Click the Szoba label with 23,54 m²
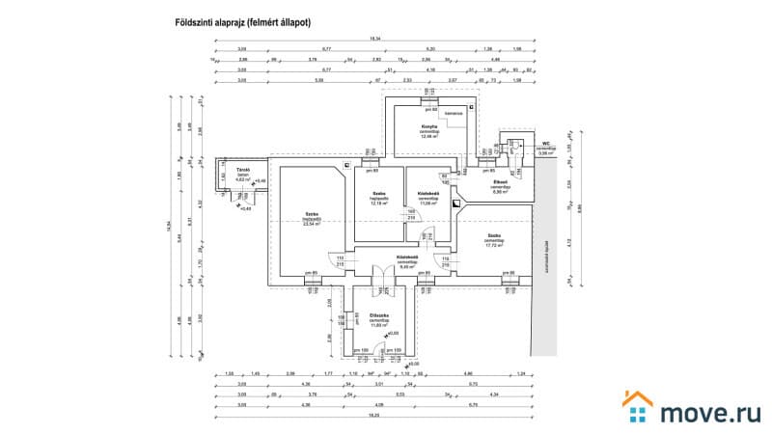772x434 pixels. click(312, 215)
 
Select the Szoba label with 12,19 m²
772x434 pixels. click(378, 194)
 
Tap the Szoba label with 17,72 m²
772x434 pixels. click(493, 236)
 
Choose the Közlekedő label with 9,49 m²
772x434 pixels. click(406, 258)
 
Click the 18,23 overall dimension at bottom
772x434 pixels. click(373, 417)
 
